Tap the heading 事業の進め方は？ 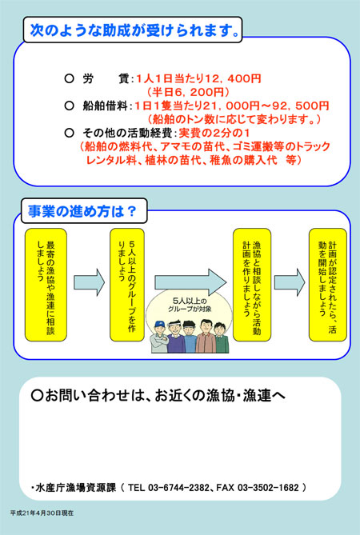pos(82,211)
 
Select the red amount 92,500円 pos(301,106)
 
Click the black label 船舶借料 pos(105,106)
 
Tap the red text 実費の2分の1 pos(214,133)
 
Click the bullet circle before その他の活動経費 pos(69,133)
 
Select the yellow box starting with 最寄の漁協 pos(46,285)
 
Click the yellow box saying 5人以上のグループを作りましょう pos(127,285)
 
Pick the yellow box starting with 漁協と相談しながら pos(252,285)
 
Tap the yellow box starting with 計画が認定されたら pos(327,285)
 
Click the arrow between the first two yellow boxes pos(90,282)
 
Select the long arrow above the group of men pos(190,282)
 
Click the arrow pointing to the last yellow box pos(290,282)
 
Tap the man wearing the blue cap pos(160,337)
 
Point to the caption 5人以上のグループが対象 pos(190,305)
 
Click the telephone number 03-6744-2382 pos(178,488)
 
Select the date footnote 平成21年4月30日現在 pos(42,513)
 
